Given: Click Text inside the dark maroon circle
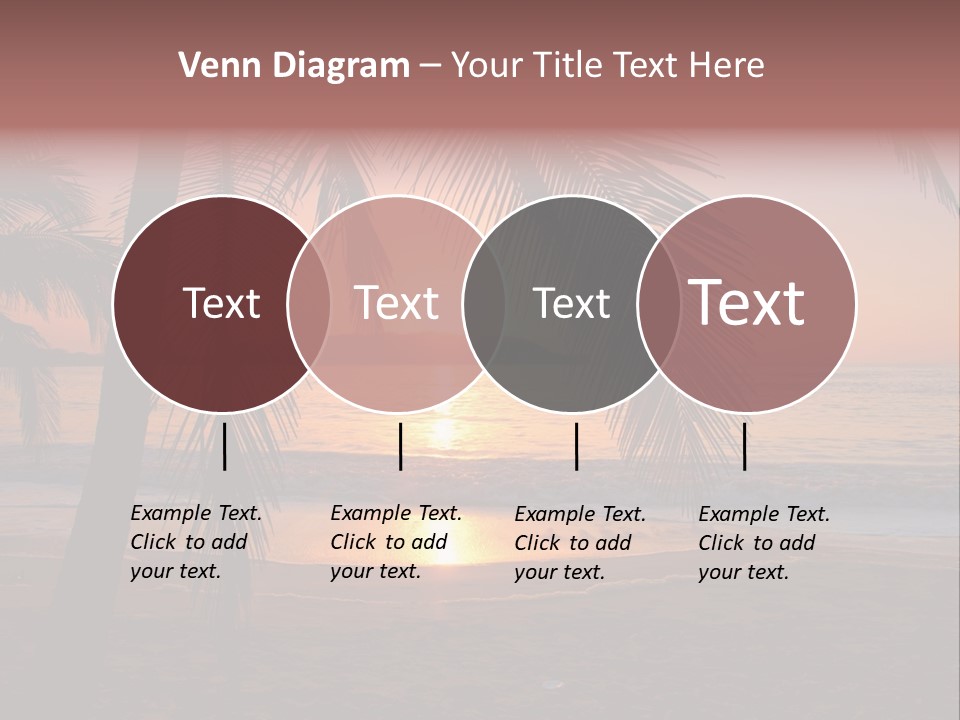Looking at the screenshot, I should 221,303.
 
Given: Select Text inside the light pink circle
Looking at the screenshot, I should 396,303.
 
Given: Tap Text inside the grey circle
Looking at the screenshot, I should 571,303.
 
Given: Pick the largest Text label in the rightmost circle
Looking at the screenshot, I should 747,303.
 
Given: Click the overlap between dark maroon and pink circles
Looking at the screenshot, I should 309,303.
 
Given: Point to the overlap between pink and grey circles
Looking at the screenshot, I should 484,303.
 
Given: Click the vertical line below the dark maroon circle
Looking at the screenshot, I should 224,446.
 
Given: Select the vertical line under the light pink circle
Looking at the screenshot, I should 400,446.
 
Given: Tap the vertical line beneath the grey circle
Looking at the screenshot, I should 576,446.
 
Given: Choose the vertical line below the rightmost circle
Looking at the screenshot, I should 744,446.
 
